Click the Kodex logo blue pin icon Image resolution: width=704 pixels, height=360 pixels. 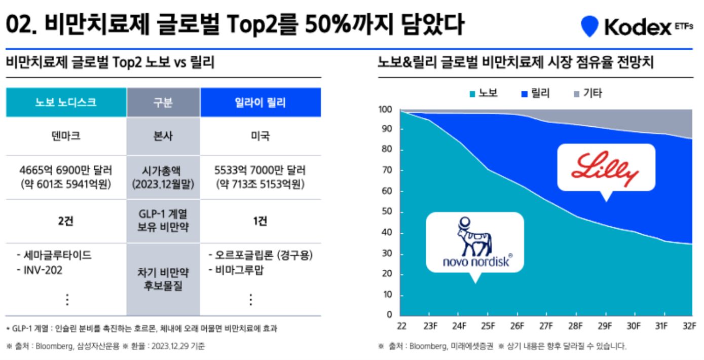589,26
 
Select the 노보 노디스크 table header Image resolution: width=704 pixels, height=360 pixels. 66,102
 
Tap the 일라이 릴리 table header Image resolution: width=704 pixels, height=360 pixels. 260,102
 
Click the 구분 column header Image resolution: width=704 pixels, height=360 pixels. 163,102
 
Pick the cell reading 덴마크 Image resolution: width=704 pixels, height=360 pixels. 66,136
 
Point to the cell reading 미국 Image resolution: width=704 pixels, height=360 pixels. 260,136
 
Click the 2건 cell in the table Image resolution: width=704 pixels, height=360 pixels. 66,221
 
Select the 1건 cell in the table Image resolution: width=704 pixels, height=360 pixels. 260,221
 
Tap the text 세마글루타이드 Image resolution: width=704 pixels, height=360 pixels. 57,255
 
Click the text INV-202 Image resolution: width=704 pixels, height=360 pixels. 43,270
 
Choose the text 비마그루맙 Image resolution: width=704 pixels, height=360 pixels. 239,270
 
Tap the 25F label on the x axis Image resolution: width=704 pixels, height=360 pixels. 489,326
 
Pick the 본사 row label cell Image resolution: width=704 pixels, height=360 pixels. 163,136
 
